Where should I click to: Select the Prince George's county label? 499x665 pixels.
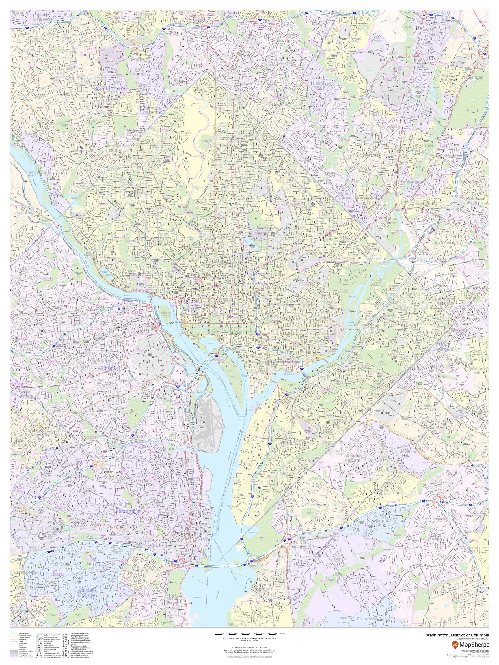point(442,347)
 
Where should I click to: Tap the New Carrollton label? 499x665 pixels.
point(477,131)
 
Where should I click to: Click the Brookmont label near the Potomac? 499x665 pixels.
point(40,173)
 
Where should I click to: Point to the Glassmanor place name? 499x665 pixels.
point(316,505)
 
